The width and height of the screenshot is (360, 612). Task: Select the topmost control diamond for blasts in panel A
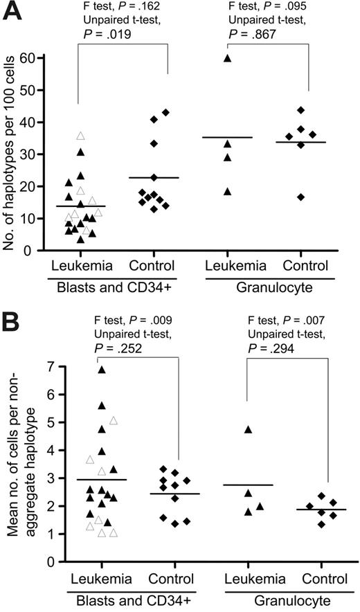(x=165, y=112)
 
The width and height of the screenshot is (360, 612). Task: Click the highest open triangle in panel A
(x=80, y=136)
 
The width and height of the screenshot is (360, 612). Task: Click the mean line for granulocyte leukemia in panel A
(x=227, y=137)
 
